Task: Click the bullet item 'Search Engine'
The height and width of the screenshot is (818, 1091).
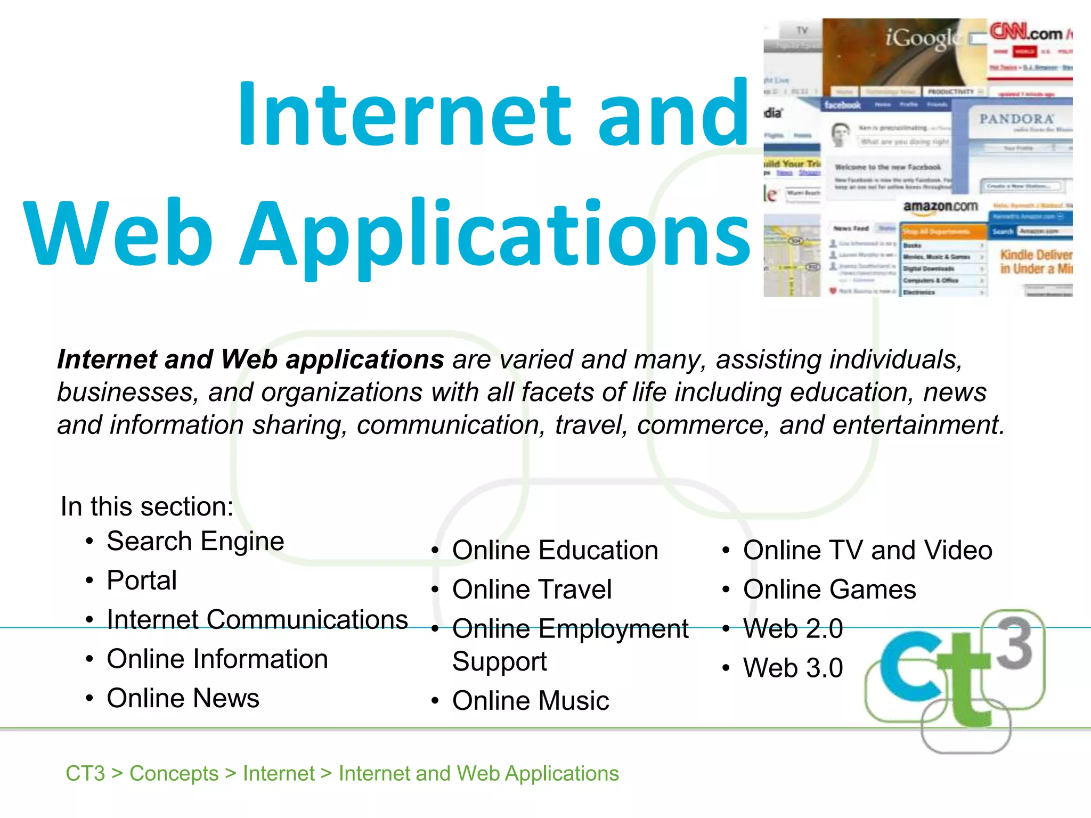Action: pos(195,542)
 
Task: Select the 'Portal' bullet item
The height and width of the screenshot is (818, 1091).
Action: pos(142,580)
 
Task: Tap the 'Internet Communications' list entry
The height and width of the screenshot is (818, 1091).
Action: pos(257,620)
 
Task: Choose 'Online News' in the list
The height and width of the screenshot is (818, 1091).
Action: pos(183,698)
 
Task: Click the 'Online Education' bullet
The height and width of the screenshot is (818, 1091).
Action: pos(555,550)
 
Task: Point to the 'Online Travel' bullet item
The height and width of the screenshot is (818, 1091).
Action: pos(532,590)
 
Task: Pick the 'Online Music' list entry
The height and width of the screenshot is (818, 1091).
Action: pos(531,701)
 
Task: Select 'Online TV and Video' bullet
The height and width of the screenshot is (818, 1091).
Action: pos(868,550)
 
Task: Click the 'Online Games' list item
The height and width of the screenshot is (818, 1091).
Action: pos(829,590)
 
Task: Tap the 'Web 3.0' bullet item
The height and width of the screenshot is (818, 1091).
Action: pos(793,668)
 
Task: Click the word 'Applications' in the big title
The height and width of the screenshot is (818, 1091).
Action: pos(495,234)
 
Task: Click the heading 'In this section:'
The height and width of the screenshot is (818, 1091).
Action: pos(147,506)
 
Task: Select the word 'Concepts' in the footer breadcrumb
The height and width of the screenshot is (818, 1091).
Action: pos(174,773)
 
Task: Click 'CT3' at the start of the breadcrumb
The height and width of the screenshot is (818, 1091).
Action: pos(85,773)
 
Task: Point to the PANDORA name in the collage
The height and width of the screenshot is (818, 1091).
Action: pos(1016,119)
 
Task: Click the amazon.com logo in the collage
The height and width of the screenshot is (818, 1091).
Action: pos(940,207)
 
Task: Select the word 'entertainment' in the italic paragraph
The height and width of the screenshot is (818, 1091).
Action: pos(918,426)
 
